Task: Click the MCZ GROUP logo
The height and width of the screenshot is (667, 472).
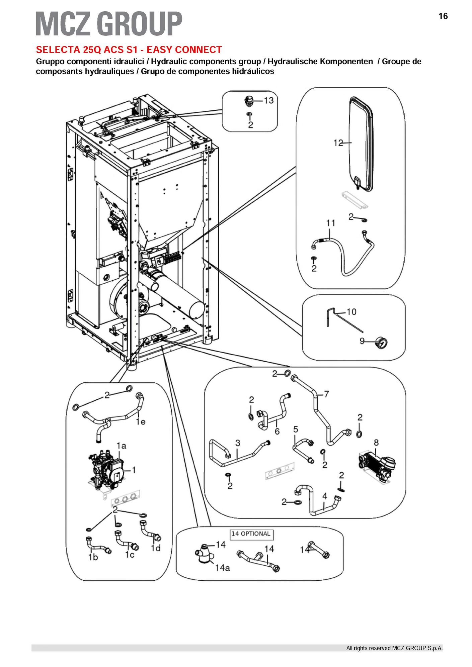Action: click(109, 23)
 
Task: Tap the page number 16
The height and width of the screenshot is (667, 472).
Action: click(443, 16)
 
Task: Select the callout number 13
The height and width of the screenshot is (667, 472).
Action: click(269, 100)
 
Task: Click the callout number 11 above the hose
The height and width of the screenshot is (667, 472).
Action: click(331, 223)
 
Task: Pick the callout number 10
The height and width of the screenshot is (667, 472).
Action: click(351, 312)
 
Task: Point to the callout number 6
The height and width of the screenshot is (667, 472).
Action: click(277, 431)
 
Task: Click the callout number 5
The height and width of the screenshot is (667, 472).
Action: click(295, 429)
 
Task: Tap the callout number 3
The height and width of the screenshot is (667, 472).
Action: click(238, 443)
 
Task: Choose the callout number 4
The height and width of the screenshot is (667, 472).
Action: click(325, 496)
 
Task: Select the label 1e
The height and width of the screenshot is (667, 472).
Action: click(141, 422)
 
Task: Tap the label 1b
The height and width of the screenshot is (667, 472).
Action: click(93, 557)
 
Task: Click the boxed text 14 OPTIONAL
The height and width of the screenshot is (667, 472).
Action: click(251, 534)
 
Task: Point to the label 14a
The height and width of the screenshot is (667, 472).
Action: click(222, 568)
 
